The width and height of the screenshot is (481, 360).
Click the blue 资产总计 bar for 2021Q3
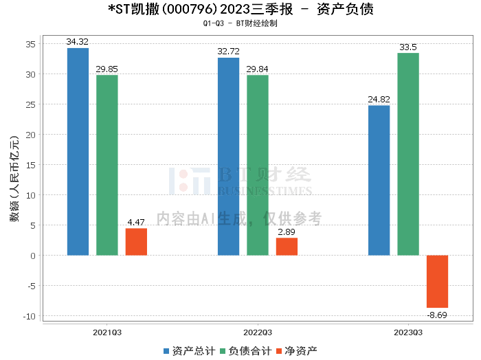(78, 151)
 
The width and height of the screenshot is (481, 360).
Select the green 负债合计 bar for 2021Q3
(107, 165)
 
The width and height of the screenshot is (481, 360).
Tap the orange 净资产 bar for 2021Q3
(136, 242)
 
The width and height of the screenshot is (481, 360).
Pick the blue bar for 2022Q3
(228, 156)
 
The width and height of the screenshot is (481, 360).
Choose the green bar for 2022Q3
(258, 165)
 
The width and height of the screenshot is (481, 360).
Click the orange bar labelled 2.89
(287, 247)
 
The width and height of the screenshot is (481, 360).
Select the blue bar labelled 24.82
(379, 180)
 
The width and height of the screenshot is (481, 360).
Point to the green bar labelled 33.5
(408, 154)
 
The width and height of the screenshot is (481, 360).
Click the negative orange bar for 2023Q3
(437, 282)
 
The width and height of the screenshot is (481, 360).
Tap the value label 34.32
(78, 42)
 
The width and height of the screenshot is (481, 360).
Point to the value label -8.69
(437, 314)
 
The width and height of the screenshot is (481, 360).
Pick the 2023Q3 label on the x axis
(408, 332)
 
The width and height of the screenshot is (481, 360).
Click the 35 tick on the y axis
(31, 44)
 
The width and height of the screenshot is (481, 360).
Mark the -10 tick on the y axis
(29, 317)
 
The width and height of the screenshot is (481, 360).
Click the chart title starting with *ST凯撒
(241, 10)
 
